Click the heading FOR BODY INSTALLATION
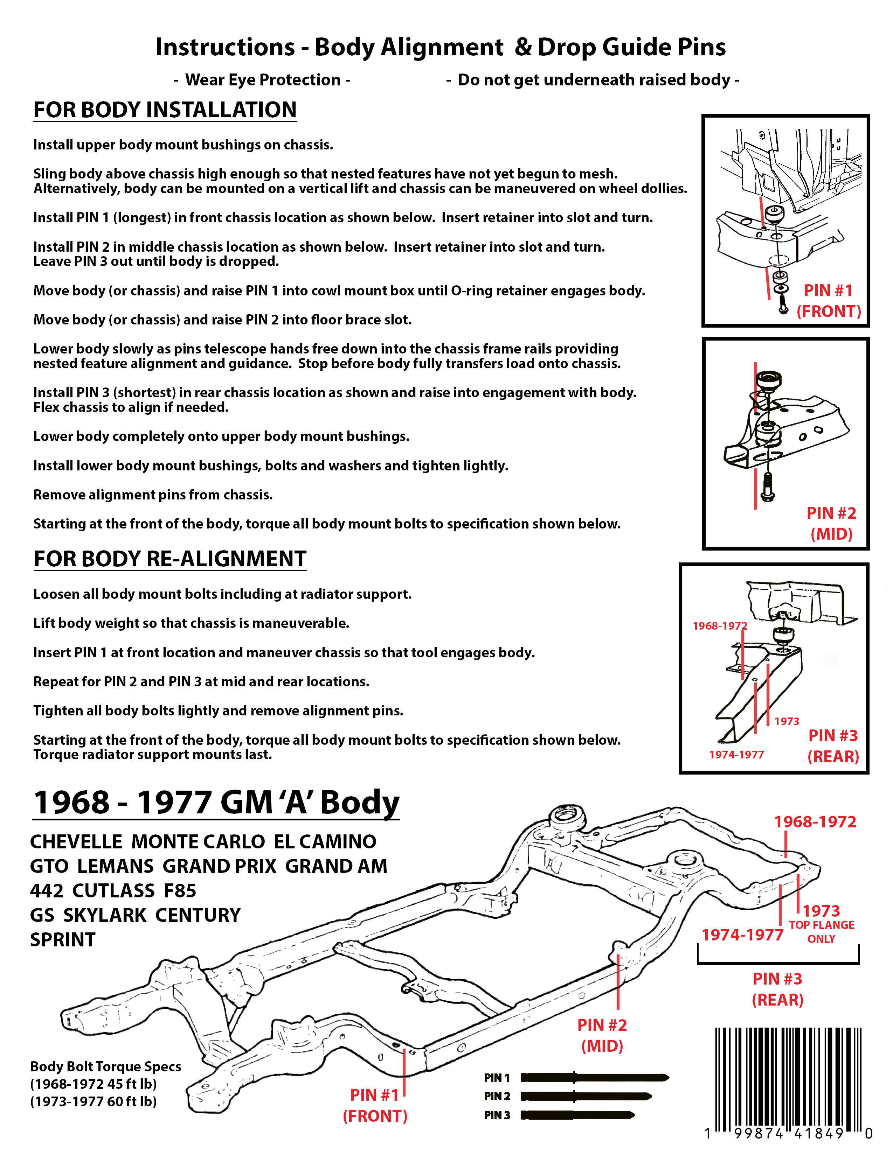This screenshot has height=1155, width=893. [x=165, y=110]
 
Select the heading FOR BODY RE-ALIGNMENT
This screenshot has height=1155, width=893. [x=170, y=559]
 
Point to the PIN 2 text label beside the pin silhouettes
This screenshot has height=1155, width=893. [x=497, y=1096]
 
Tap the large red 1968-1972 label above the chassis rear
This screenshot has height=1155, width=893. [x=815, y=821]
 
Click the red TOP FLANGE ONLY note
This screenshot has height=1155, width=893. [x=822, y=931]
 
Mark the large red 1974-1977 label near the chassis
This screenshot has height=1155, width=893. [x=742, y=934]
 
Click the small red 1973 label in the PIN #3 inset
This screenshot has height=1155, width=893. [x=787, y=721]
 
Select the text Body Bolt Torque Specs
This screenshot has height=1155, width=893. [x=105, y=1066]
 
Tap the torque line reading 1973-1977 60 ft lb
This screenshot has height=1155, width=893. [x=93, y=1101]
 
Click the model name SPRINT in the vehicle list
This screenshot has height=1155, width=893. [x=62, y=940]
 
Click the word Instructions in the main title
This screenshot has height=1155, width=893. [x=225, y=47]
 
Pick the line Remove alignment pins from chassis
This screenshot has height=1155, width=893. [x=153, y=495]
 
